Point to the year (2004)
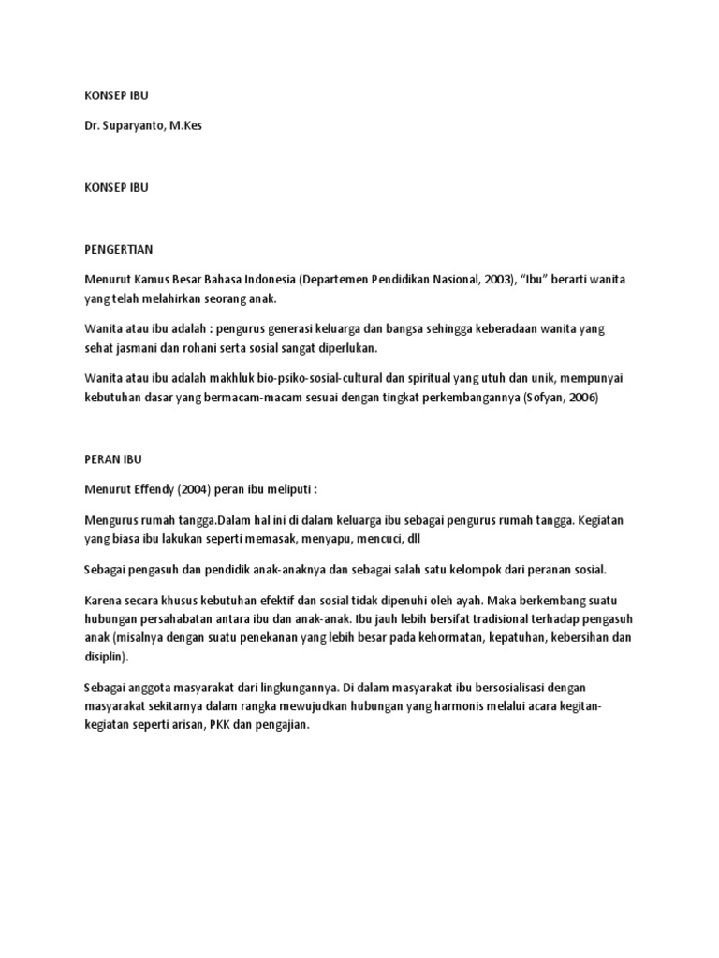(x=206, y=489)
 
